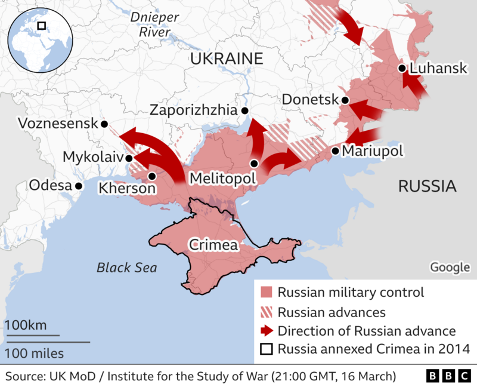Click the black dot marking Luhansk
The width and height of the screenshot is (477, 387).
coord(402,69)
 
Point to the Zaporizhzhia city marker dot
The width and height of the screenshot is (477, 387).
coord(244,111)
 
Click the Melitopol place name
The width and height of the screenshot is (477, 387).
coord(222,178)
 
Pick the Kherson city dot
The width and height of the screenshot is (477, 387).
coord(153,176)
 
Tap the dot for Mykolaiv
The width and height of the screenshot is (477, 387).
coord(129,158)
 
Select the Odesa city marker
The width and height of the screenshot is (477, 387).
coord(78,186)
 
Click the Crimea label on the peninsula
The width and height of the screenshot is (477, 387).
coord(213,245)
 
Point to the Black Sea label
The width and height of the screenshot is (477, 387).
coord(127,268)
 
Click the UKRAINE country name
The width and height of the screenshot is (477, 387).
coord(227,59)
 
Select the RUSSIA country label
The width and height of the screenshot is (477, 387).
coord(427,186)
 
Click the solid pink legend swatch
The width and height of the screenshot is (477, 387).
coord(267,293)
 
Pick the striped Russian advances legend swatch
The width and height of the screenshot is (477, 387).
coord(267,312)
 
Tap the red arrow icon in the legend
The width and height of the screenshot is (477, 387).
coord(267,331)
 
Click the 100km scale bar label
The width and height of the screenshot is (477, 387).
coord(26,325)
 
